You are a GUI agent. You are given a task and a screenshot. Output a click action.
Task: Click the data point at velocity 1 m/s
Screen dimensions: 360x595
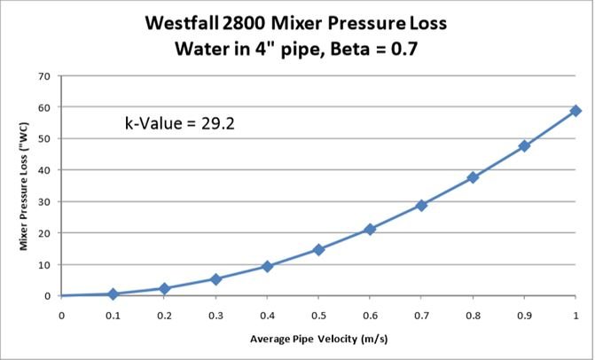coord(575,111)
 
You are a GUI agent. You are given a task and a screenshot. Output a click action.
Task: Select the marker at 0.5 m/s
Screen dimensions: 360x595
coord(318,250)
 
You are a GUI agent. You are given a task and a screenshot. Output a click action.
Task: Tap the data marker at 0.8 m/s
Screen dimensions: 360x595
coord(473,177)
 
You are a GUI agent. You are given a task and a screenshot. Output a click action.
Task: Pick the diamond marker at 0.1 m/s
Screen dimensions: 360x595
coord(113,293)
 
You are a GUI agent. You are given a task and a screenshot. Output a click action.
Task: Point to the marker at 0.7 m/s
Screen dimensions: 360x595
coord(421,205)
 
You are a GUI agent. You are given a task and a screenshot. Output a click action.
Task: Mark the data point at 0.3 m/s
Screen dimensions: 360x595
coord(215,279)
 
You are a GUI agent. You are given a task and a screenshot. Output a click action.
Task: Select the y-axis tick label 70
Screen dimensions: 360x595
coord(42,76)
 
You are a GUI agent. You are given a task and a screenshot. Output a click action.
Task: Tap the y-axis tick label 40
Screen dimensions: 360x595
coord(42,170)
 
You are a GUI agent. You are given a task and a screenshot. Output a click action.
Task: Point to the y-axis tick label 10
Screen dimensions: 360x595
coord(42,264)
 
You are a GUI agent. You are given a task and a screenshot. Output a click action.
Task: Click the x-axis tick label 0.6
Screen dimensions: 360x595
coord(370,315)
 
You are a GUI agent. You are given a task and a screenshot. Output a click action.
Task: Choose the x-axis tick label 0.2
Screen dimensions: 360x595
coord(164,315)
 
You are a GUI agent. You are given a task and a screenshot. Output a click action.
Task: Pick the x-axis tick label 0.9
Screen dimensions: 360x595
coord(524,315)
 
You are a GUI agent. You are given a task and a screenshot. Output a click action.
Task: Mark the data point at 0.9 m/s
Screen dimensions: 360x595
coord(524,145)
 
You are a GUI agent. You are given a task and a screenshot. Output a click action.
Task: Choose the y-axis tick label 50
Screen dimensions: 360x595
coord(42,139)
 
